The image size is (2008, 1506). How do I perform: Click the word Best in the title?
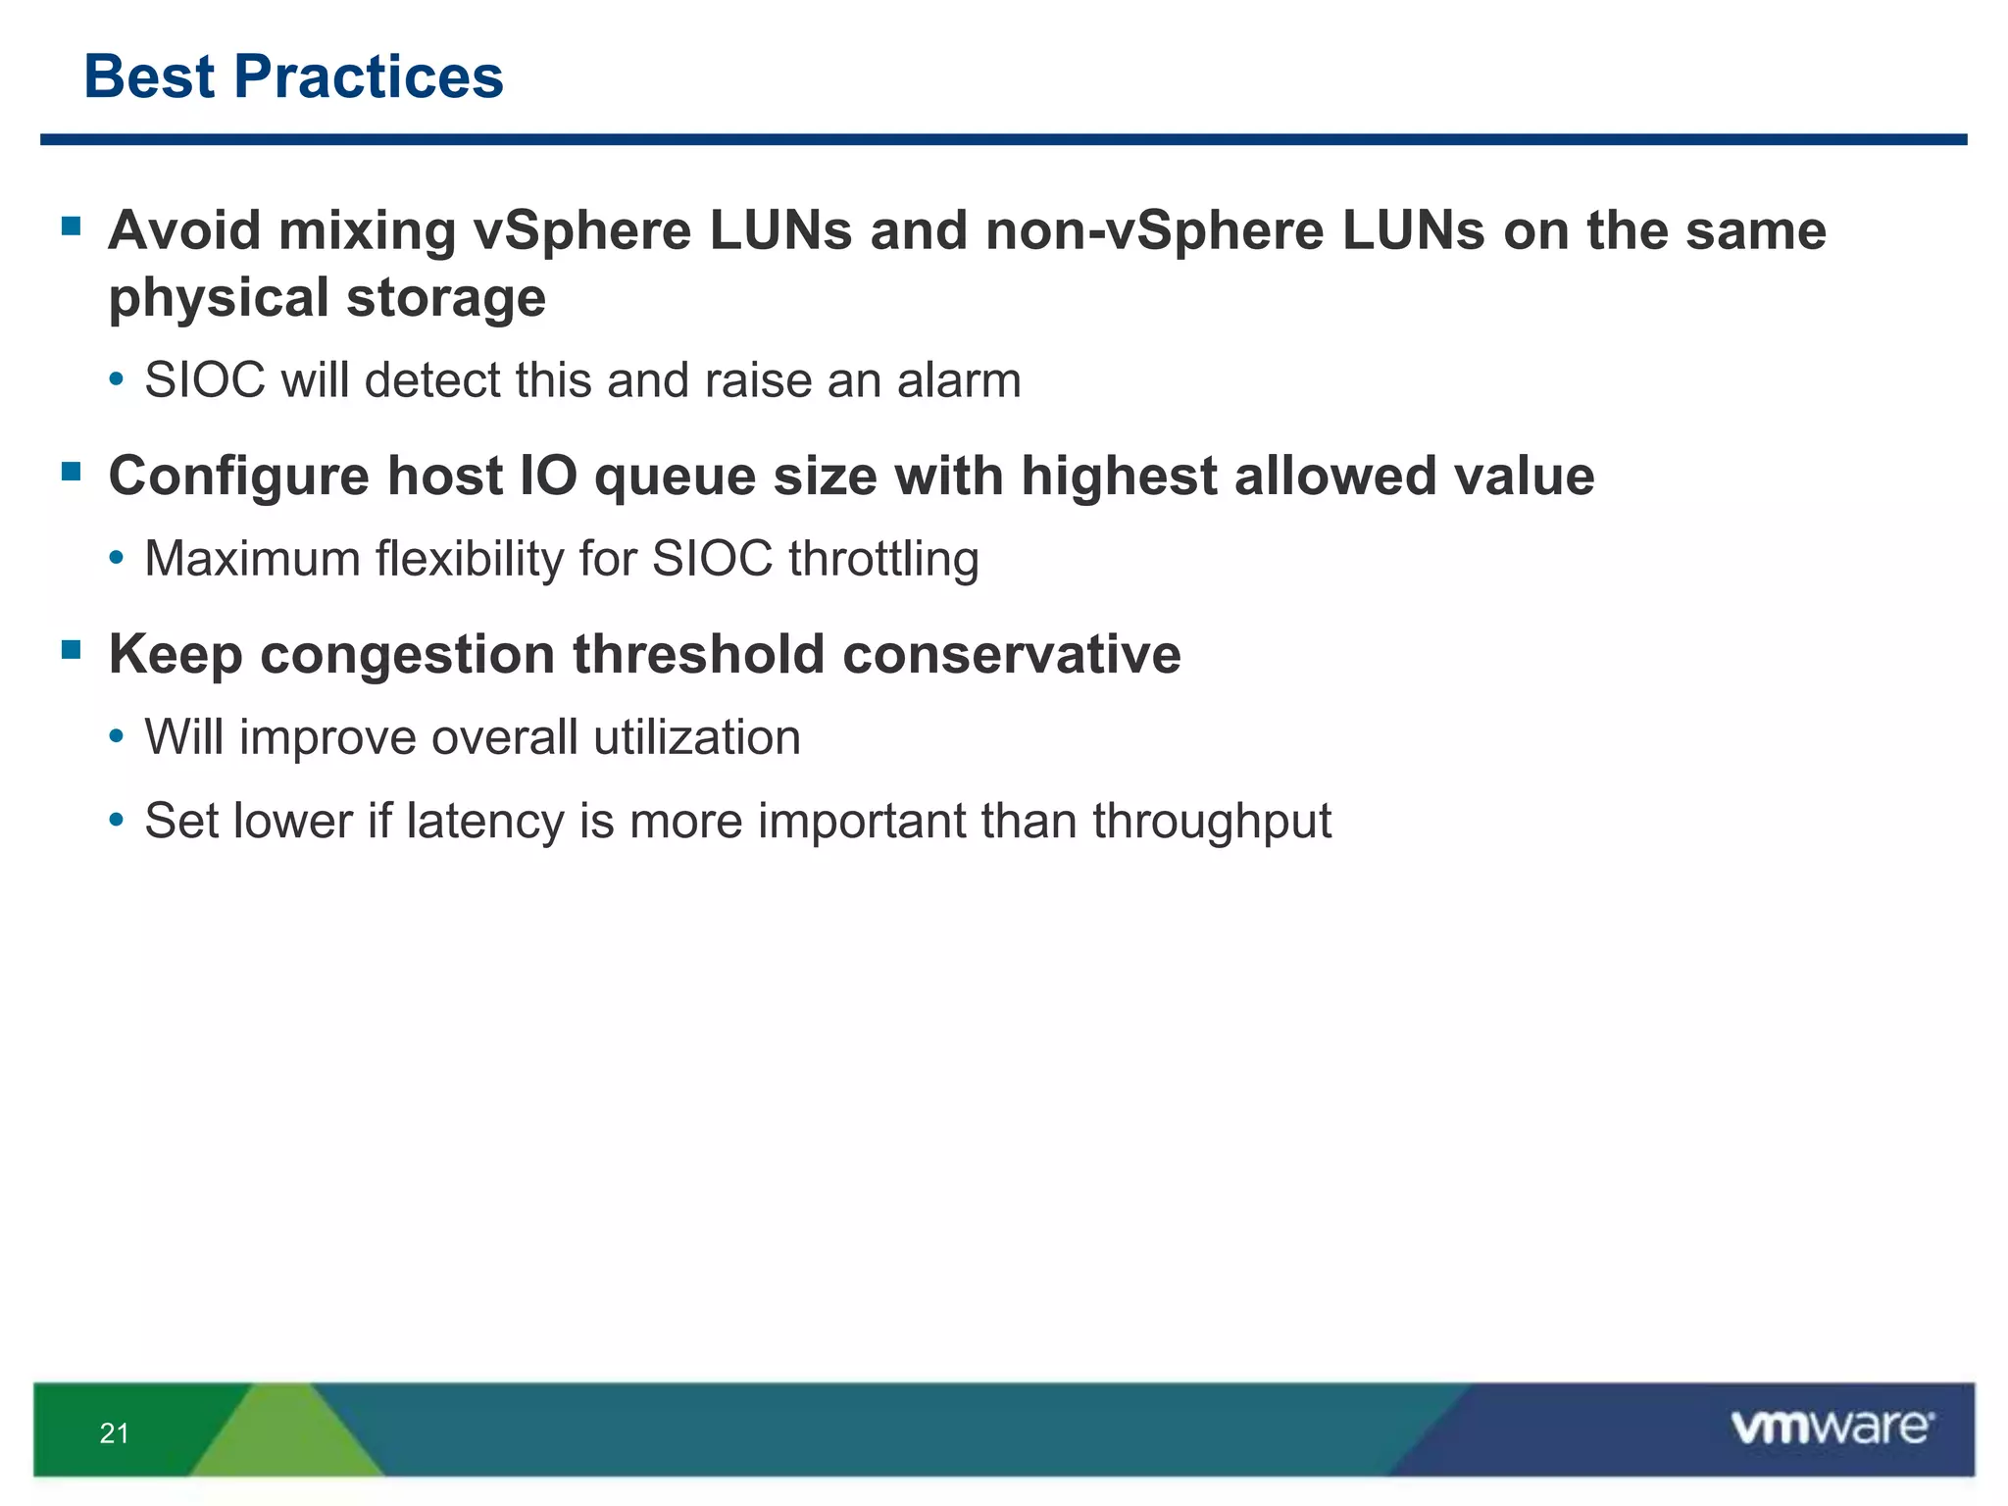149,76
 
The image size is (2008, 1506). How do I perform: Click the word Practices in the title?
368,76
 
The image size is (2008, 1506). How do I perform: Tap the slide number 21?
115,1433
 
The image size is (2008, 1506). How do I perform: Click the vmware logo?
1832,1428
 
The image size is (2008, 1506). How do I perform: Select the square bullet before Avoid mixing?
71,227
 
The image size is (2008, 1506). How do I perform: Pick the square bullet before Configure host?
71,473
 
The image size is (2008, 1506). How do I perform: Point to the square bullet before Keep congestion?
71,650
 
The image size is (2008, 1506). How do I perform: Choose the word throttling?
883,560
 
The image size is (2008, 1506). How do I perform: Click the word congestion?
408,656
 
